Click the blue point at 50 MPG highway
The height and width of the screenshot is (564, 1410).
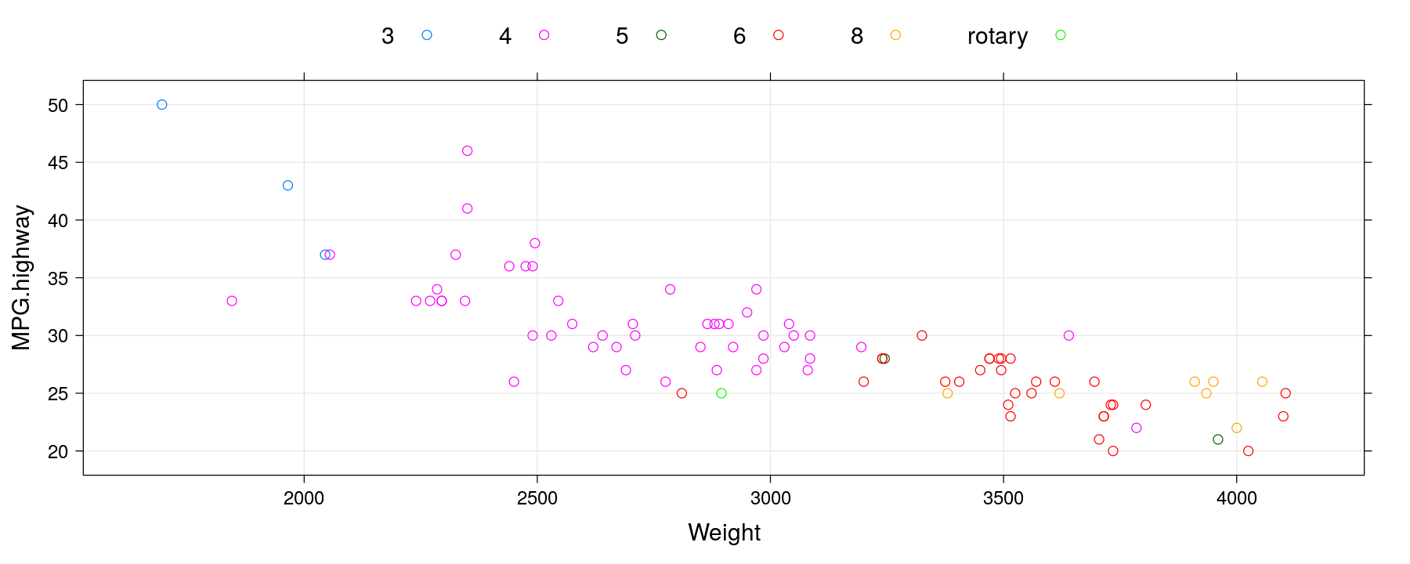(x=162, y=105)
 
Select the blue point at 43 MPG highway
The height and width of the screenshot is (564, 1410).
(x=287, y=186)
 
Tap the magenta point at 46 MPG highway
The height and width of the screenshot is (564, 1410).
(x=468, y=151)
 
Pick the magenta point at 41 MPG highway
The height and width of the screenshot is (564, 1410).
(x=468, y=208)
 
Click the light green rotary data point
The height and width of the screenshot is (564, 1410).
(x=721, y=393)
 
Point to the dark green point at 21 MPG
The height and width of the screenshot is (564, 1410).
(x=1218, y=439)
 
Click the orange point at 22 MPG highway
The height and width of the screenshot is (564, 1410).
(x=1237, y=428)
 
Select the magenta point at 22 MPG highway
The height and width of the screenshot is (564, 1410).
(x=1137, y=428)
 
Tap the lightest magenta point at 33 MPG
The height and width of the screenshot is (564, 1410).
(x=232, y=301)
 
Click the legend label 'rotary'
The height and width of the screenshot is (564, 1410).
(x=997, y=37)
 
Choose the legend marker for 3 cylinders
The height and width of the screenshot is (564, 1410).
(x=427, y=35)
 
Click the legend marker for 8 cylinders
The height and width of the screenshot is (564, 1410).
(x=895, y=35)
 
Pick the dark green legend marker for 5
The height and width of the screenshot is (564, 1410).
(x=661, y=35)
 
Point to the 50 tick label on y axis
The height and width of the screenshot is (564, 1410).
(x=58, y=105)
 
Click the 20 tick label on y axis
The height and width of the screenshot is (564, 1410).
(x=58, y=452)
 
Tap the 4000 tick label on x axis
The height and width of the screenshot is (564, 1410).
(x=1237, y=498)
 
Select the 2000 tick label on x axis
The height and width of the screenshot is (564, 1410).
(x=304, y=498)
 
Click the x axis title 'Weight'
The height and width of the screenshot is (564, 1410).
(x=724, y=533)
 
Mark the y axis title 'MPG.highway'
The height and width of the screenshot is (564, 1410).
(x=22, y=277)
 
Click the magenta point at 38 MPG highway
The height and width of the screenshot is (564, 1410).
(x=535, y=244)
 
